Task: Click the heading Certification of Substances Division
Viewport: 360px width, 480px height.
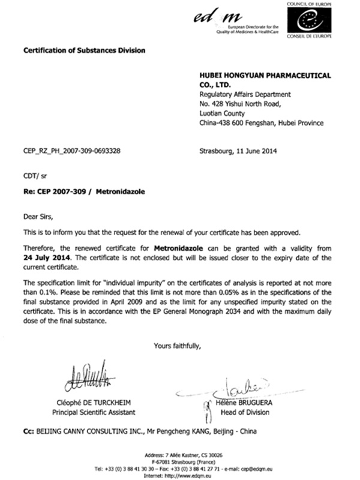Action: click(84, 50)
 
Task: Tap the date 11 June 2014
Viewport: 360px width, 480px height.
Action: click(252, 151)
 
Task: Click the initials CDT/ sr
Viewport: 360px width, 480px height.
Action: click(35, 177)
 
